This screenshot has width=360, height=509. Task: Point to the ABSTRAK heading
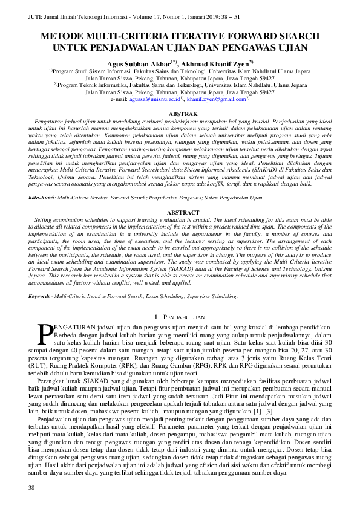tap(180, 113)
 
